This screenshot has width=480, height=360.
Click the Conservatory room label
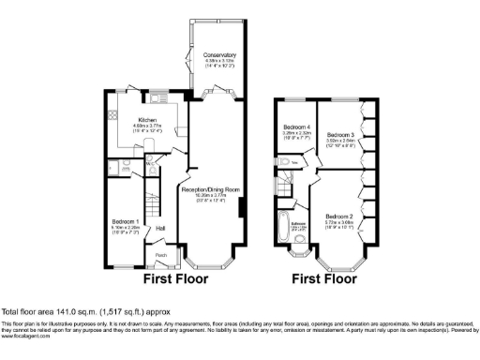click(x=220, y=55)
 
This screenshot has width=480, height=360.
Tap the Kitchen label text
click(x=147, y=120)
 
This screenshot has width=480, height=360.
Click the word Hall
click(x=160, y=228)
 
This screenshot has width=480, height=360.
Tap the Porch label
click(x=160, y=254)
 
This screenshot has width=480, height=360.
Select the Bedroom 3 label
click(x=337, y=136)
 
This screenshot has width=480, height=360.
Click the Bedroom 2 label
click(x=338, y=217)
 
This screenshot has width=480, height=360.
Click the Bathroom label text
click(x=299, y=224)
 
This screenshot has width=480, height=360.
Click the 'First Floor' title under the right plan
click(x=325, y=278)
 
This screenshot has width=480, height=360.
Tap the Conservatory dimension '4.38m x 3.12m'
click(x=220, y=62)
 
